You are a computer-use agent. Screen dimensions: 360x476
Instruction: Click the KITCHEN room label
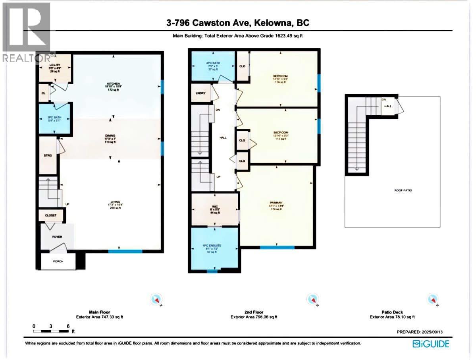click(x=113, y=84)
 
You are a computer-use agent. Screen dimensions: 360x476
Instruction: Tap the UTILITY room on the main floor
click(x=55, y=69)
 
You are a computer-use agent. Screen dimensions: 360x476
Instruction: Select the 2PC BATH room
click(x=54, y=118)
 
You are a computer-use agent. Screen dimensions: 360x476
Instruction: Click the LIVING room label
click(x=116, y=202)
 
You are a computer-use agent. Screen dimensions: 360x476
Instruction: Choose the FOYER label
click(x=57, y=237)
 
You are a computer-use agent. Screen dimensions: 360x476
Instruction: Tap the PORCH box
click(x=58, y=261)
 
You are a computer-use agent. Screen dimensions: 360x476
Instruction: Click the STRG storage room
click(x=48, y=155)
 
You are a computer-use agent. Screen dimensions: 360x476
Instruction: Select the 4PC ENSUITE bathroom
click(x=214, y=249)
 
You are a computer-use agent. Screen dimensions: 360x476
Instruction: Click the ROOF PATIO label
click(x=403, y=190)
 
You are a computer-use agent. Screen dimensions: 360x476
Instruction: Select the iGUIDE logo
click(x=431, y=344)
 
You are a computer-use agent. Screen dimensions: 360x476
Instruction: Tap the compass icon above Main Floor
click(x=156, y=299)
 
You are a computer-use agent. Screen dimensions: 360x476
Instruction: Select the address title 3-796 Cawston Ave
click(x=238, y=23)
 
